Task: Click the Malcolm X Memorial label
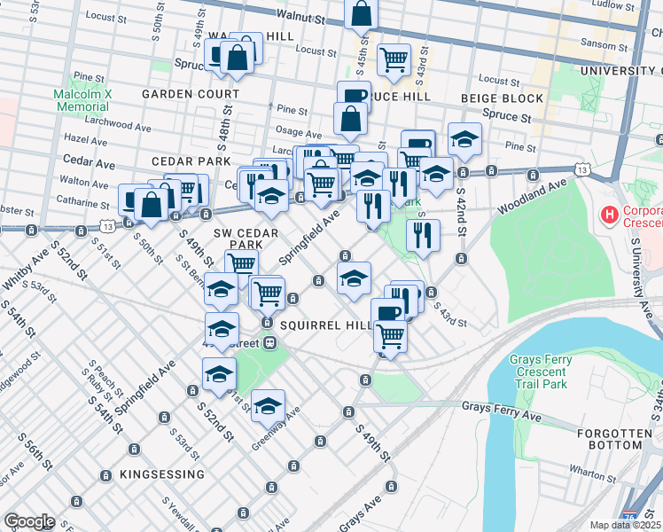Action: coord(81,99)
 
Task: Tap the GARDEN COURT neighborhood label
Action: coord(194,94)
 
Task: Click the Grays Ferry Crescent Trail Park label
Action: coord(549,372)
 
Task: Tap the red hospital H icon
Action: coord(609,214)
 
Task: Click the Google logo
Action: coord(29,521)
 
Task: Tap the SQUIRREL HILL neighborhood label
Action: coord(325,325)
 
